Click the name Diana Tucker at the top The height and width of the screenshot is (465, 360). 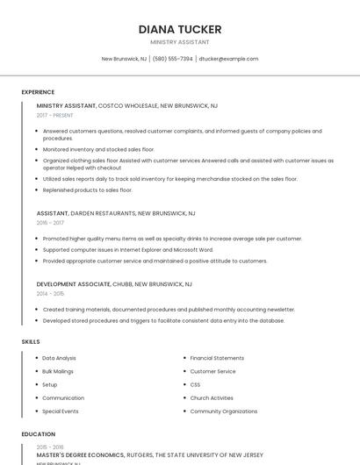pos(180,29)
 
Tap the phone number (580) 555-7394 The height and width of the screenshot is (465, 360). pos(173,59)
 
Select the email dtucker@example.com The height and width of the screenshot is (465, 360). pos(228,59)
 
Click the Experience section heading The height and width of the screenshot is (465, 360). pos(38,92)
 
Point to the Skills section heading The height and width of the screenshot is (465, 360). pos(31,341)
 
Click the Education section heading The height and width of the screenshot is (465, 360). pos(38,434)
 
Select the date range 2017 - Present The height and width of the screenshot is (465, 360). pos(55,115)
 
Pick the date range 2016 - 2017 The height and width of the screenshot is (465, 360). pos(50,223)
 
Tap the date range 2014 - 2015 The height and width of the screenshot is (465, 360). pos(50,294)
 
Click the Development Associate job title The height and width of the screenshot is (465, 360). pos(74,284)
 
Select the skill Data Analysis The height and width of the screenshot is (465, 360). pos(59,358)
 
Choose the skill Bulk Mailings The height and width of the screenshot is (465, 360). pos(59,371)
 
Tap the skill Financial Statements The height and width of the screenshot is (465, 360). pos(217,358)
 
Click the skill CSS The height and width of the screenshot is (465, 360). pos(195,384)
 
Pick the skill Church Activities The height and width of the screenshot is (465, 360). pos(212,397)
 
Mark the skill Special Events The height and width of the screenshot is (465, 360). pos(60,411)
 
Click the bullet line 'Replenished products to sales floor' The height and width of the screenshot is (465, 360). pos(87,190)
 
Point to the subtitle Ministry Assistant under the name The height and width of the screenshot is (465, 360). pos(180,42)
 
